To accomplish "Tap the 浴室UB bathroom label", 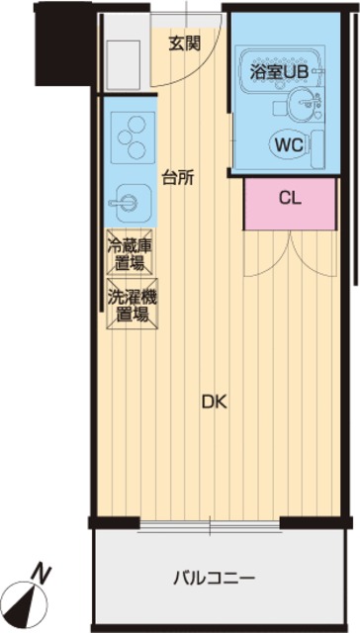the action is (x=279, y=72).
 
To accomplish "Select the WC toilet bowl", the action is (x=290, y=144).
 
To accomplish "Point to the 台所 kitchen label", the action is (x=178, y=178).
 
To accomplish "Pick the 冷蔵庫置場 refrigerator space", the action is (x=130, y=251).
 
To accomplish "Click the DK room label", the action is (x=215, y=403).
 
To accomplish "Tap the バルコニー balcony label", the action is (x=215, y=579).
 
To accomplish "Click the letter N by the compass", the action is (x=42, y=574).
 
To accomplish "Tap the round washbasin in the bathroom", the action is (x=302, y=104).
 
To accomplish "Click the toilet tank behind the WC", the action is (x=318, y=149).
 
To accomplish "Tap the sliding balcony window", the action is (x=210, y=525).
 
